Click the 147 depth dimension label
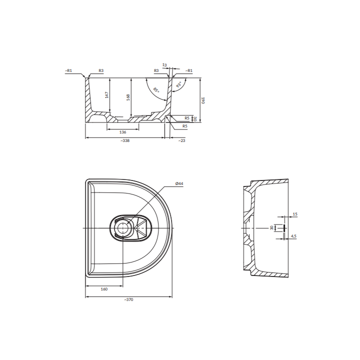(107, 95)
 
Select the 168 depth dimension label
(128, 97)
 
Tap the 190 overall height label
(202, 100)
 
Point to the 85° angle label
(156, 90)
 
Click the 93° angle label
(179, 84)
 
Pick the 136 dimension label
(123, 132)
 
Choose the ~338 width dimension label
(125, 140)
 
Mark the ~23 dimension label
(181, 140)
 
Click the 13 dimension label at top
(164, 65)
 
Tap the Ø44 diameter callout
(179, 183)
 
